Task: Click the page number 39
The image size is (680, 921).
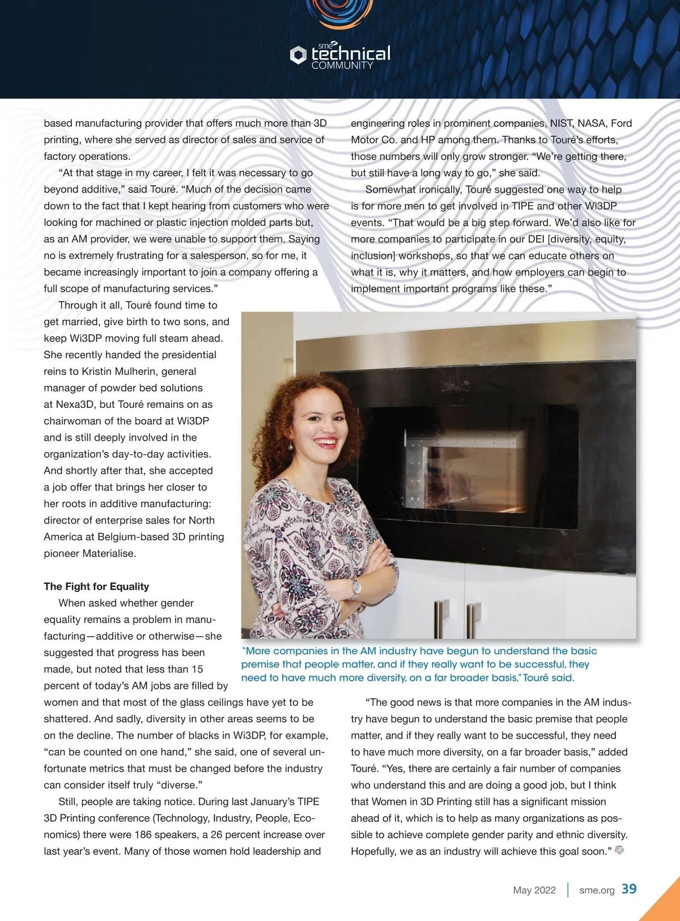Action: coord(629,889)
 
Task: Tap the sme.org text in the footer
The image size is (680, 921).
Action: coord(597,890)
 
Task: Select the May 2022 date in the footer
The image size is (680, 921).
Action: coord(534,890)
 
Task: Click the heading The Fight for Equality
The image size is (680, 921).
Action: coord(96,586)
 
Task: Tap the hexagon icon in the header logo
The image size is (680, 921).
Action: coord(298,55)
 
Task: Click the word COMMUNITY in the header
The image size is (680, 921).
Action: coord(342,66)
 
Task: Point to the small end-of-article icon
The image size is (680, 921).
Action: coord(619,850)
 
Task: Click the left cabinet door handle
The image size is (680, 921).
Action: coord(437,620)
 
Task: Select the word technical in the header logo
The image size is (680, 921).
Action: coord(351,54)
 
